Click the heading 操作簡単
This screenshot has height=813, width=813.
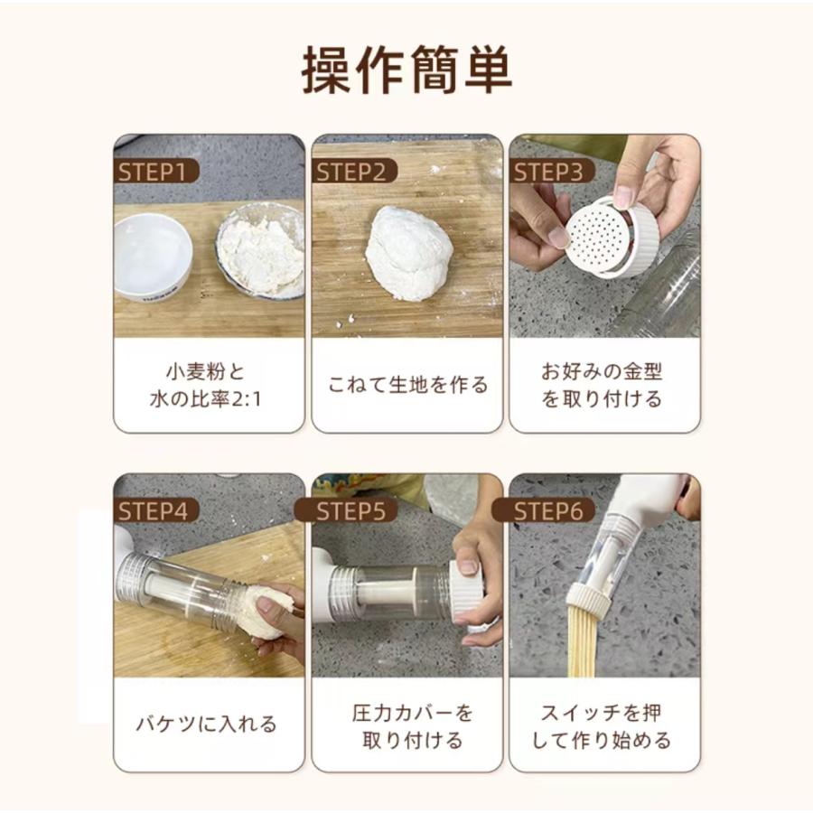[x=407, y=70]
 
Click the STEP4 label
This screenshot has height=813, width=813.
[x=153, y=511]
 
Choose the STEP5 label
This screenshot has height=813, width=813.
[x=351, y=511]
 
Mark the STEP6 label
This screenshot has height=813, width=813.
[x=548, y=511]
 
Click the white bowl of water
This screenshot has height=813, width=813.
[x=153, y=257]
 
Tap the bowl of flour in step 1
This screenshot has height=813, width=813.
[x=261, y=250]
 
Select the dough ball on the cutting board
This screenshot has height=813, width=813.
[x=408, y=253]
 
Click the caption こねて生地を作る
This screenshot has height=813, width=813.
[x=407, y=385]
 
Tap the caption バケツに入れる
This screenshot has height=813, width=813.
[x=206, y=724]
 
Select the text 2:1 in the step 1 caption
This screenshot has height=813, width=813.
[x=245, y=399]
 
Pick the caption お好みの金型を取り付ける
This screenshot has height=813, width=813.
[x=602, y=385]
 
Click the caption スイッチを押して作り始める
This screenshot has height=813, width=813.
[x=602, y=726]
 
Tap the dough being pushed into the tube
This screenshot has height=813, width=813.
[x=272, y=611]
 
